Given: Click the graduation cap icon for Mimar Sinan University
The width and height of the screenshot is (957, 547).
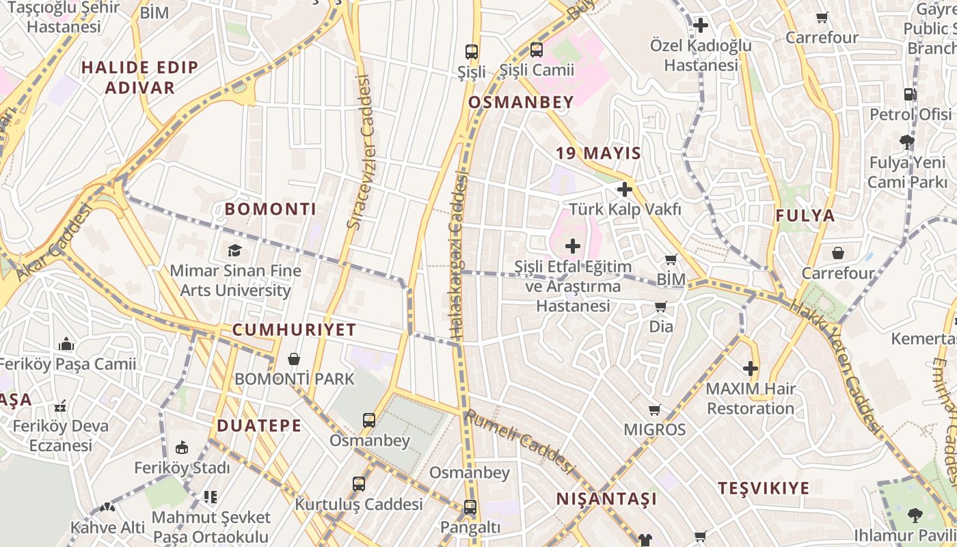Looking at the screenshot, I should [235, 250].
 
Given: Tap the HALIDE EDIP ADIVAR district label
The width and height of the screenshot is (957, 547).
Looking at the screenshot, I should [139, 77].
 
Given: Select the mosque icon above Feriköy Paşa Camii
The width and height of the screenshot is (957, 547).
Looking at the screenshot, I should [66, 343].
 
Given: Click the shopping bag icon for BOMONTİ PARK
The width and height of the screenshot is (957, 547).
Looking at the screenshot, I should [294, 359].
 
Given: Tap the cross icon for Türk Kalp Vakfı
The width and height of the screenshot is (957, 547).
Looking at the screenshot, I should [624, 189].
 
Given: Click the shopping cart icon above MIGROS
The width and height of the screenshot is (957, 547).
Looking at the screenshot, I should [654, 410].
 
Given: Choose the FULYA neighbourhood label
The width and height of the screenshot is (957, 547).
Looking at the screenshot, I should [805, 216].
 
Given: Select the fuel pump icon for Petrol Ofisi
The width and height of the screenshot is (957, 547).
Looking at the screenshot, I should [910, 94].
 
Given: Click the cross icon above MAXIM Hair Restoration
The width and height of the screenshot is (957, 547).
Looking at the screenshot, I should [751, 369].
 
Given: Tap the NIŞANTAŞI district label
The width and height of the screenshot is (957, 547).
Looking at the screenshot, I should [606, 498].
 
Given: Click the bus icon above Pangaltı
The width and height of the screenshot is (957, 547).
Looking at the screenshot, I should [470, 507].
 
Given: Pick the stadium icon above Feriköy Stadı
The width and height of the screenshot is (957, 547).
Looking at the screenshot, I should [181, 448].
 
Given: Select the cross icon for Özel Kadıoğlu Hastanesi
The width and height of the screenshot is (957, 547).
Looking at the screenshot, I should [701, 26].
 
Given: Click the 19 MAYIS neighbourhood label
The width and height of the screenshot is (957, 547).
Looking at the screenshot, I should [599, 153].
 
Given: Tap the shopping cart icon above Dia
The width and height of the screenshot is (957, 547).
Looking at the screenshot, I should [660, 306].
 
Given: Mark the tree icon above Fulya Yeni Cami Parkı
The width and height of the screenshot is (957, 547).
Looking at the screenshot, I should [907, 142].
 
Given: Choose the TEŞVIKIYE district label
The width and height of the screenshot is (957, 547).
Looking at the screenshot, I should [764, 488].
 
